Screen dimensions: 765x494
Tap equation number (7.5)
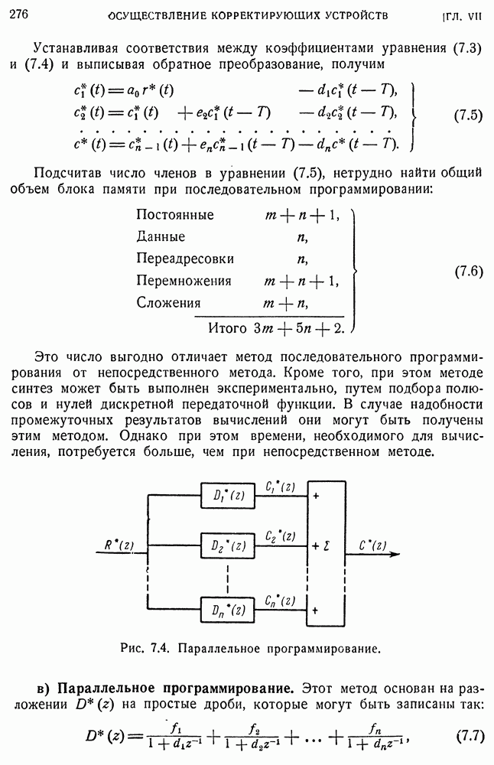[468, 116]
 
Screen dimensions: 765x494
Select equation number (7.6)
[468, 271]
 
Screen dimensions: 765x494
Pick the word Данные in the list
[161, 237]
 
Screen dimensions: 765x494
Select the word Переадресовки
[185, 259]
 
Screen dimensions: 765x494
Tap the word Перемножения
[184, 281]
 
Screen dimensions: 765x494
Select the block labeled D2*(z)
[229, 547]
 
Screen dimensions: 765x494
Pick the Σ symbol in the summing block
[327, 547]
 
